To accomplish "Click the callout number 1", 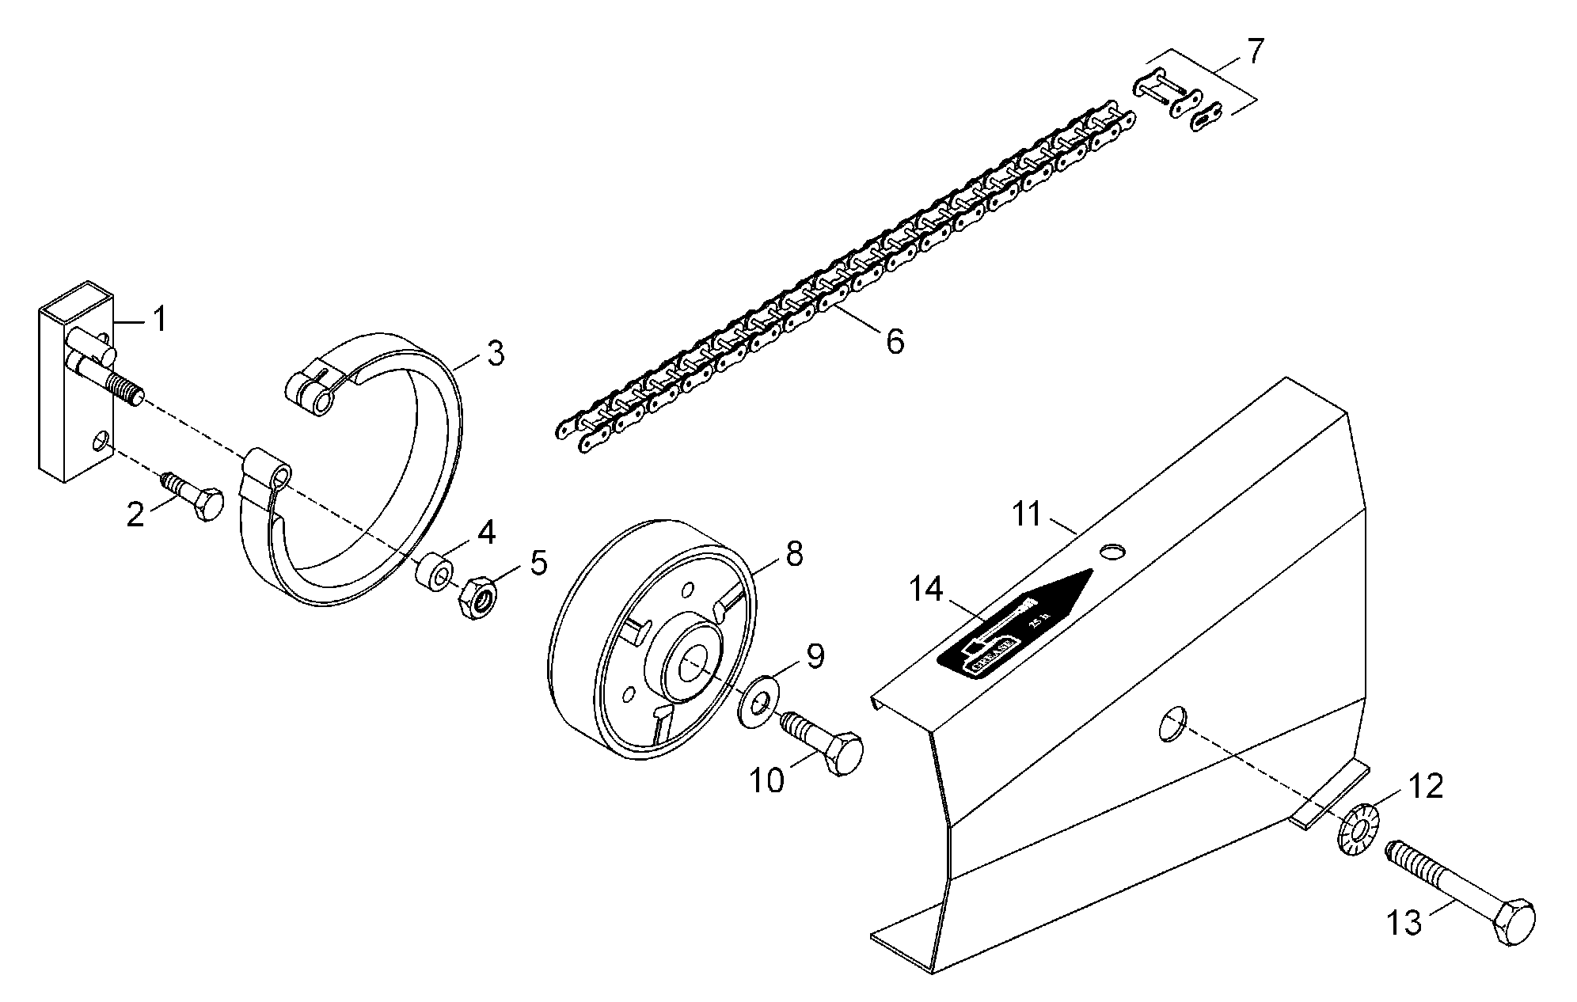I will (x=161, y=320).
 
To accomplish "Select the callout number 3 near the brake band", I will (x=496, y=354).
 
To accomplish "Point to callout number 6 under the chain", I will (x=895, y=342).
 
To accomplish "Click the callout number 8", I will (x=794, y=553).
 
